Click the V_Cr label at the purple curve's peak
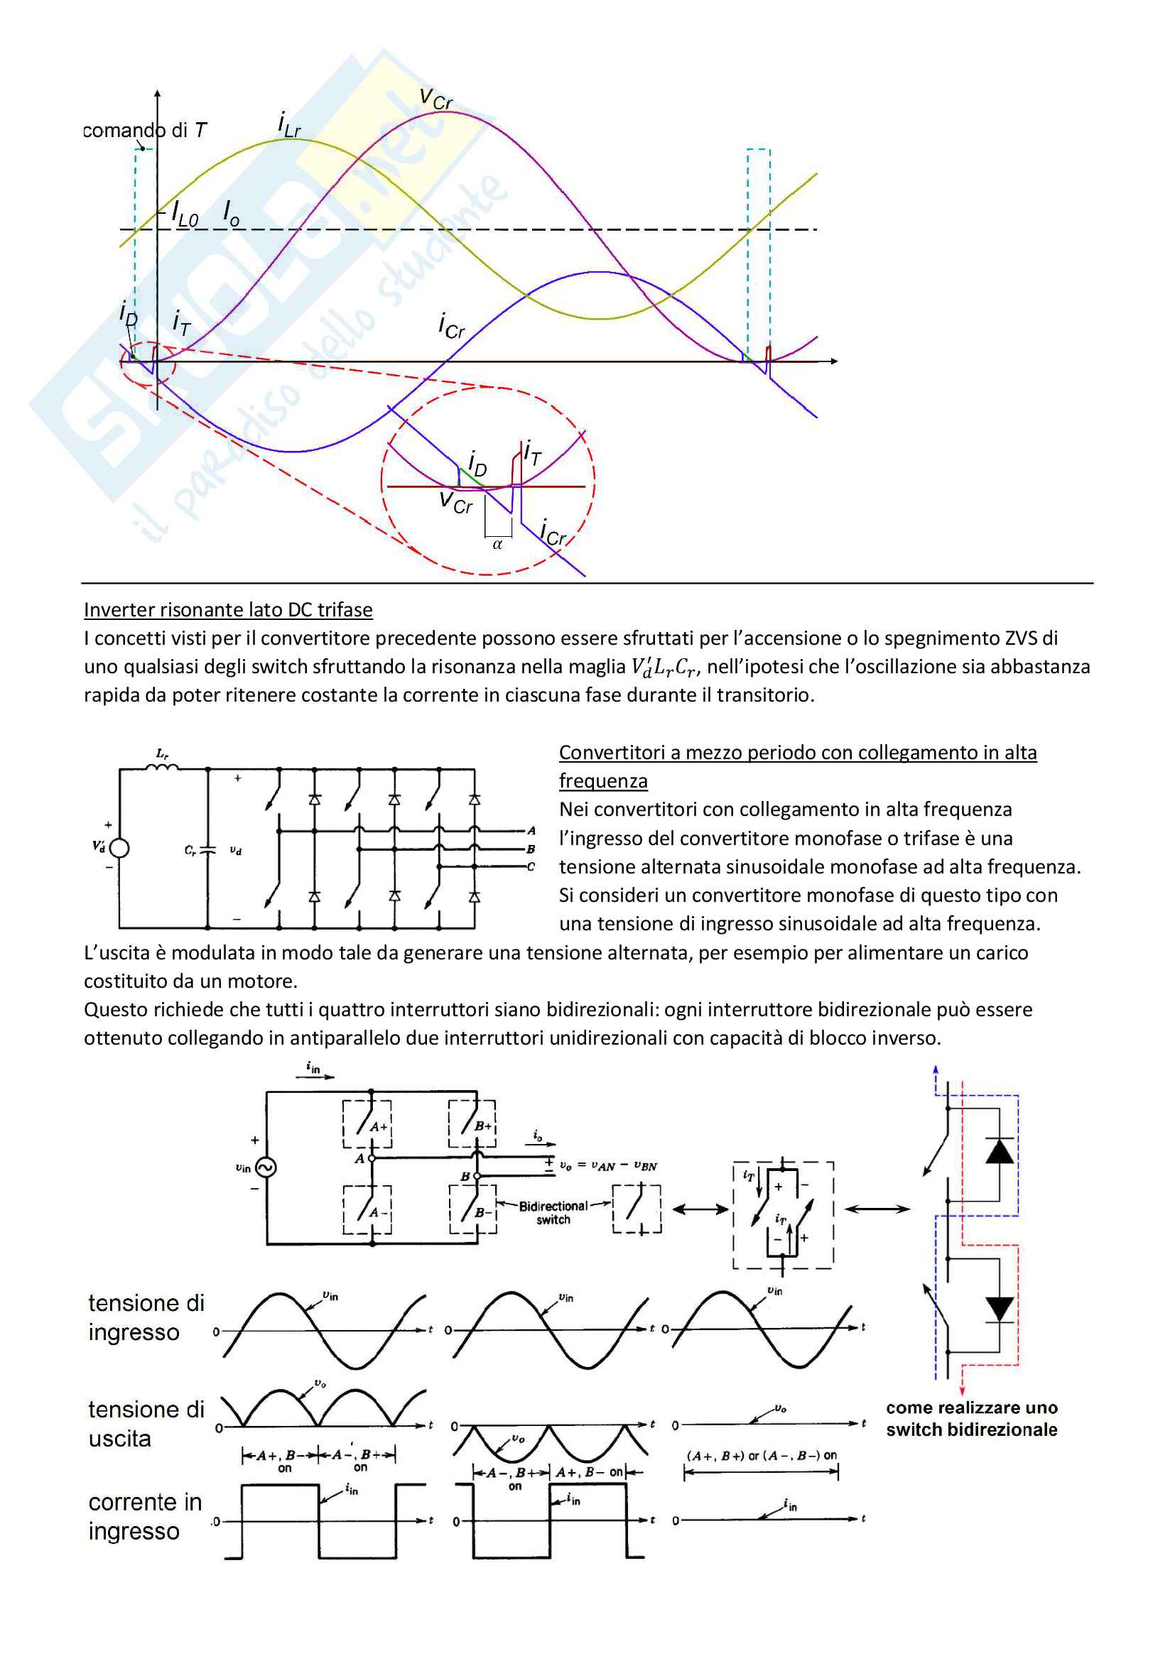coord(435,99)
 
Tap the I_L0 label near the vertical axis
coord(185,215)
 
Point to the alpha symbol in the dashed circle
coord(497,544)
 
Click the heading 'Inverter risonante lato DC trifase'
coord(228,610)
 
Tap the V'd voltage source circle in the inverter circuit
coord(119,848)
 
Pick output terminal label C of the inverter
coord(531,866)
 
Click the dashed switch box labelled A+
coord(367,1123)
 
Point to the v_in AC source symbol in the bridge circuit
coord(266,1167)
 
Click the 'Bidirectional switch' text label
coord(553,1212)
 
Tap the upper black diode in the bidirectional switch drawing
coord(1000,1151)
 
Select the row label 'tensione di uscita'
coord(146,1423)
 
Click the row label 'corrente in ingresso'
coord(145,1516)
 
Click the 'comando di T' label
coord(145,130)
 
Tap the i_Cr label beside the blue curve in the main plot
coord(452,325)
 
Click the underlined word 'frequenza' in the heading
coord(602,781)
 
